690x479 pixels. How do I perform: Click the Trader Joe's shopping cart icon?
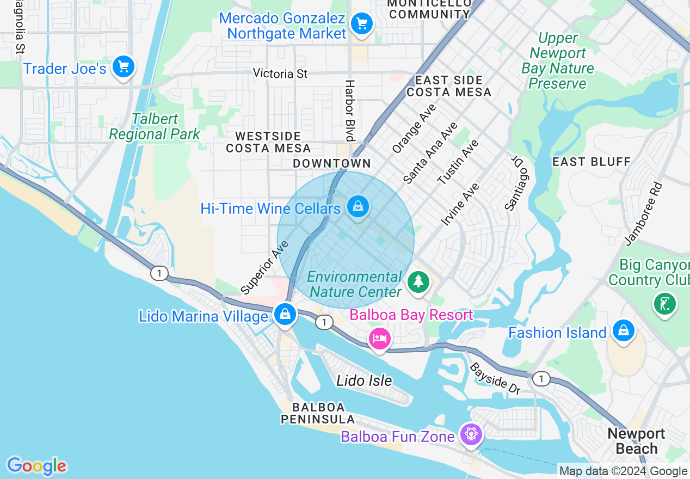tap(124, 67)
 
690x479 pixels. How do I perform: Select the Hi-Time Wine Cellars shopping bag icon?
tap(358, 207)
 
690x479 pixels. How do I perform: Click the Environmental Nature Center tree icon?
tap(418, 281)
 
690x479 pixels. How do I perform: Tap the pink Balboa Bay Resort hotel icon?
tap(380, 339)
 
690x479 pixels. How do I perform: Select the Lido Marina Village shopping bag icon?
tap(285, 314)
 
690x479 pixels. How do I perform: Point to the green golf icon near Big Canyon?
tap(665, 303)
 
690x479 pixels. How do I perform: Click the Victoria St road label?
tap(280, 73)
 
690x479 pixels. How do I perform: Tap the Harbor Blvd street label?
tap(349, 111)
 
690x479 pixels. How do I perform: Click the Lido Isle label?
tap(364, 380)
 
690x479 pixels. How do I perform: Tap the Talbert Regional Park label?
tap(155, 126)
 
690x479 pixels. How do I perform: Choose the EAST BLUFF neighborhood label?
tap(591, 162)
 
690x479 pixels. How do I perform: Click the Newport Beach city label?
tap(636, 441)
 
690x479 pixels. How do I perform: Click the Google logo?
tap(36, 466)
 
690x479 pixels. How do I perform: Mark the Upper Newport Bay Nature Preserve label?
tap(557, 60)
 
